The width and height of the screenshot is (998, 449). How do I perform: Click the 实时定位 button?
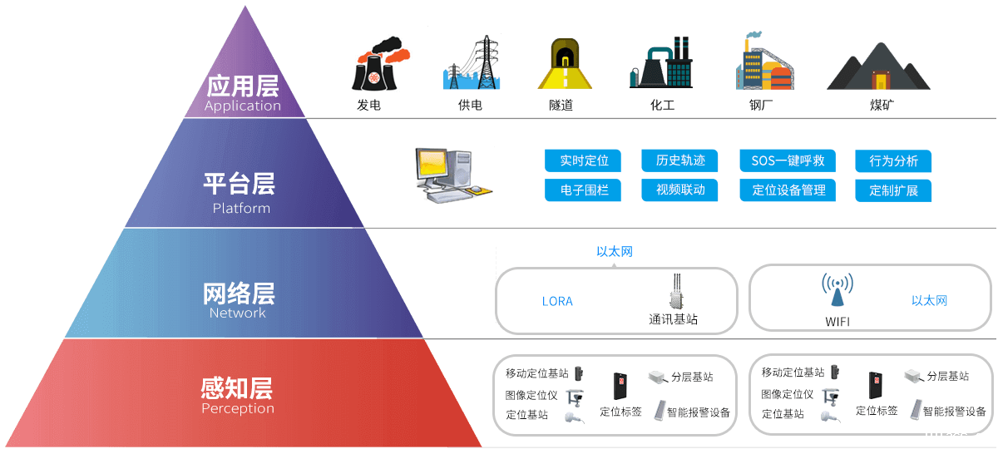[x=584, y=160]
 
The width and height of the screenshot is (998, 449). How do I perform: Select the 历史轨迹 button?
[x=680, y=160]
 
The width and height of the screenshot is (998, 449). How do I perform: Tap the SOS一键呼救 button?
[x=788, y=160]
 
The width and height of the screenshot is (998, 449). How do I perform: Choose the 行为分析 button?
[x=893, y=160]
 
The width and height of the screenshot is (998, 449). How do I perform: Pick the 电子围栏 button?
[x=584, y=190]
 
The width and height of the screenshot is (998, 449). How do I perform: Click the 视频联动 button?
[x=680, y=190]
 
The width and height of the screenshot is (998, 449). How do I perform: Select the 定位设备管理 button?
[x=788, y=190]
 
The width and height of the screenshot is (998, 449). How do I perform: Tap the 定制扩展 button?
[x=893, y=190]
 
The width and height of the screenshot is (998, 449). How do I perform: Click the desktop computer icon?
[x=453, y=175]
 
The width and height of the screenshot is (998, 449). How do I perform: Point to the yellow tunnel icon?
[x=565, y=64]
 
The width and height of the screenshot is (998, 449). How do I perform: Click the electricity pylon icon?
[x=472, y=62]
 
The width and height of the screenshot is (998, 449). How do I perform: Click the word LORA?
[x=557, y=301]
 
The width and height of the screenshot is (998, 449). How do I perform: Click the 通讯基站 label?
[x=673, y=319]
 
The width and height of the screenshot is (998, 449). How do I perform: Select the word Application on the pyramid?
[x=242, y=106]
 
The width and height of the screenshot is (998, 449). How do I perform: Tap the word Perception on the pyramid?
[x=238, y=408]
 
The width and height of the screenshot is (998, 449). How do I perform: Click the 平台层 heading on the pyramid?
[x=239, y=184]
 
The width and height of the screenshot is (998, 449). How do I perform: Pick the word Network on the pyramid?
[x=238, y=313]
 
